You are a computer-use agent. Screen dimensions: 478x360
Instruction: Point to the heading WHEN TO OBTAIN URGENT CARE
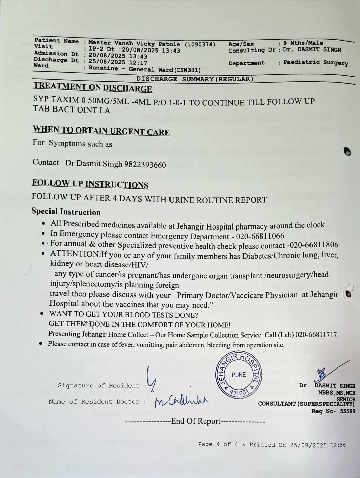point(101,131)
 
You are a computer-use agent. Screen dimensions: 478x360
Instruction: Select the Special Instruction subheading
point(66,212)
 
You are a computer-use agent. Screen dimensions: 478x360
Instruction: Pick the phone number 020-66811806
point(312,245)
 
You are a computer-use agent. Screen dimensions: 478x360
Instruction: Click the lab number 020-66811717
point(316,335)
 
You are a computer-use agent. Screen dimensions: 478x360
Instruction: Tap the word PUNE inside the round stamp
point(239,375)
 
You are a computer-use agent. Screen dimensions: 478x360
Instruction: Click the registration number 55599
point(346,411)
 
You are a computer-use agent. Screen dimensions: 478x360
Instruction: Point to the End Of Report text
point(196,421)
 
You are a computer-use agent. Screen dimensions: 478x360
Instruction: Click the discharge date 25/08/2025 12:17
point(118,62)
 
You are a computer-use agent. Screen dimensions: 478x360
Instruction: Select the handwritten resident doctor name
point(181,401)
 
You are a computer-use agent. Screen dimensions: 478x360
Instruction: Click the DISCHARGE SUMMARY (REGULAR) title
point(195,79)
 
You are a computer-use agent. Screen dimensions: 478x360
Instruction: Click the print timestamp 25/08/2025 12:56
point(318,445)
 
